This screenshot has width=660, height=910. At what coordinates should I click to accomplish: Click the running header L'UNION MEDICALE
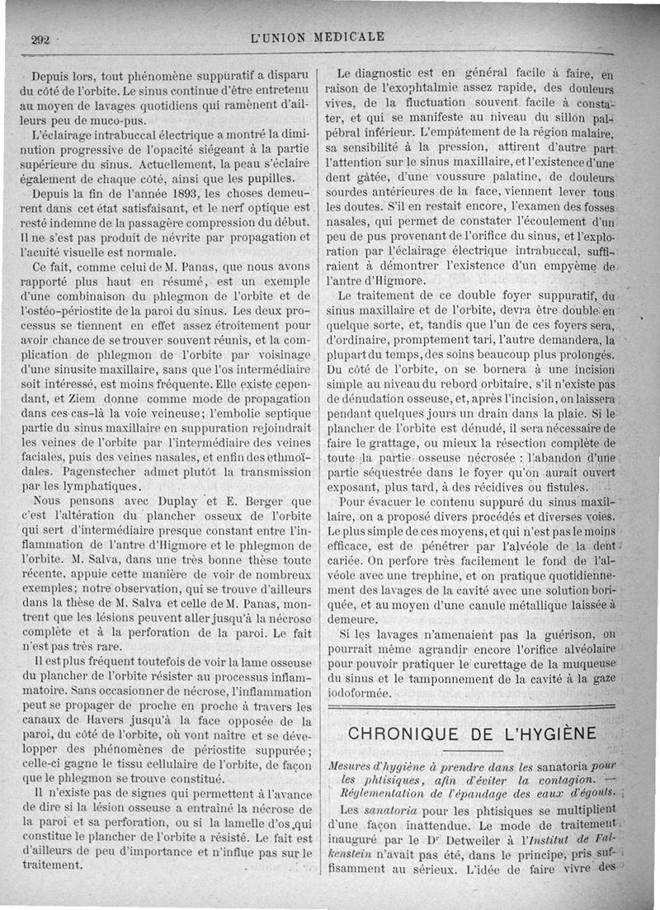pyautogui.click(x=319, y=36)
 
